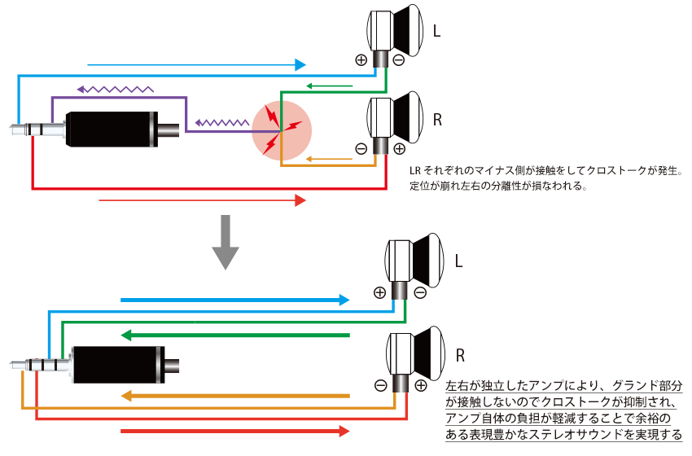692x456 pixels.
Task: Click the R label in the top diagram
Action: pos(438,120)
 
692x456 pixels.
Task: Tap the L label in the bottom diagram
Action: pos(458,261)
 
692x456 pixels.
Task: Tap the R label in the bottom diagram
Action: pos(460,356)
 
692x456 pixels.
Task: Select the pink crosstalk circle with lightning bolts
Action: pos(281,129)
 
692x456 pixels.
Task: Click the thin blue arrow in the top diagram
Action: pos(195,64)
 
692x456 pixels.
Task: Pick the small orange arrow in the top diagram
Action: pos(329,158)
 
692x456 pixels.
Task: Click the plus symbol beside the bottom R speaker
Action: pos(420,386)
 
